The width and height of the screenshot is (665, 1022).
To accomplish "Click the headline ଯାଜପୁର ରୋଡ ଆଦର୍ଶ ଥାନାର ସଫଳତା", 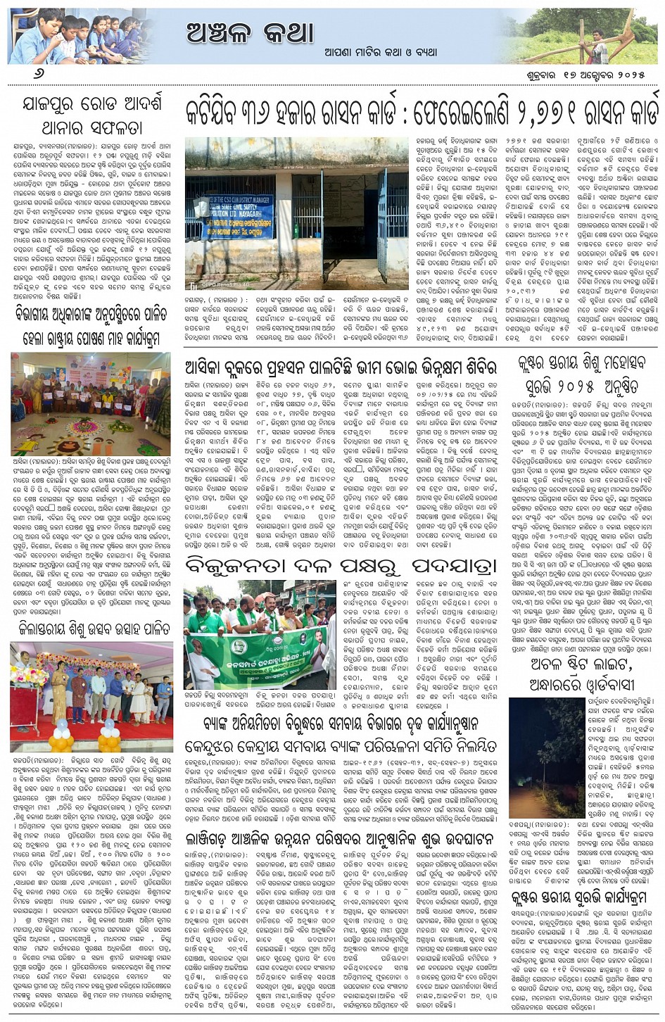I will click(91, 115).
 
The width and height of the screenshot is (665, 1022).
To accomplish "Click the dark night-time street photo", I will click(546, 757).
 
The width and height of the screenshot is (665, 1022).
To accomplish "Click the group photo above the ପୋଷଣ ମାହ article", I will click(91, 404).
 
